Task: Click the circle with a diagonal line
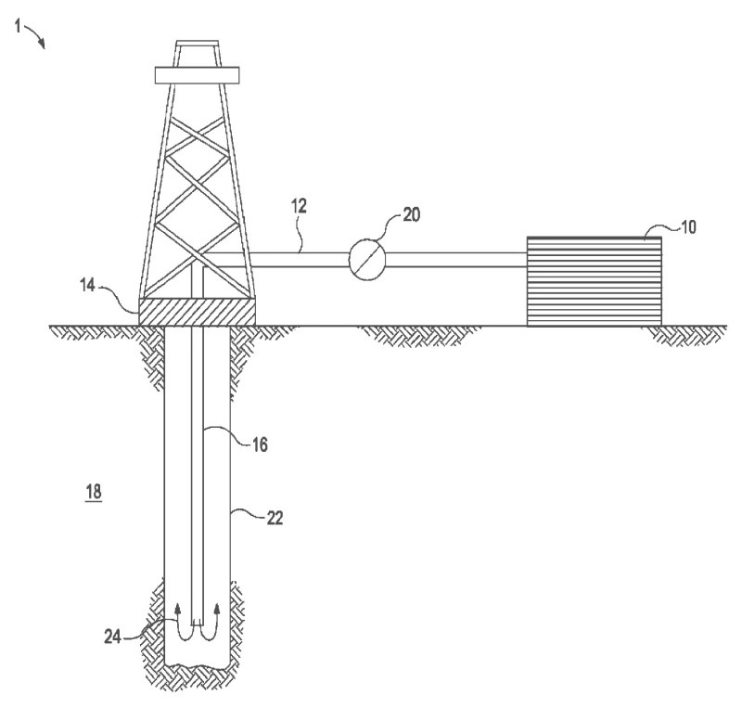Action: (366, 259)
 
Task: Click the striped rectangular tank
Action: (595, 280)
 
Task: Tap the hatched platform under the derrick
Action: (196, 313)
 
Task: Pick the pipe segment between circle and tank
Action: (454, 260)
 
